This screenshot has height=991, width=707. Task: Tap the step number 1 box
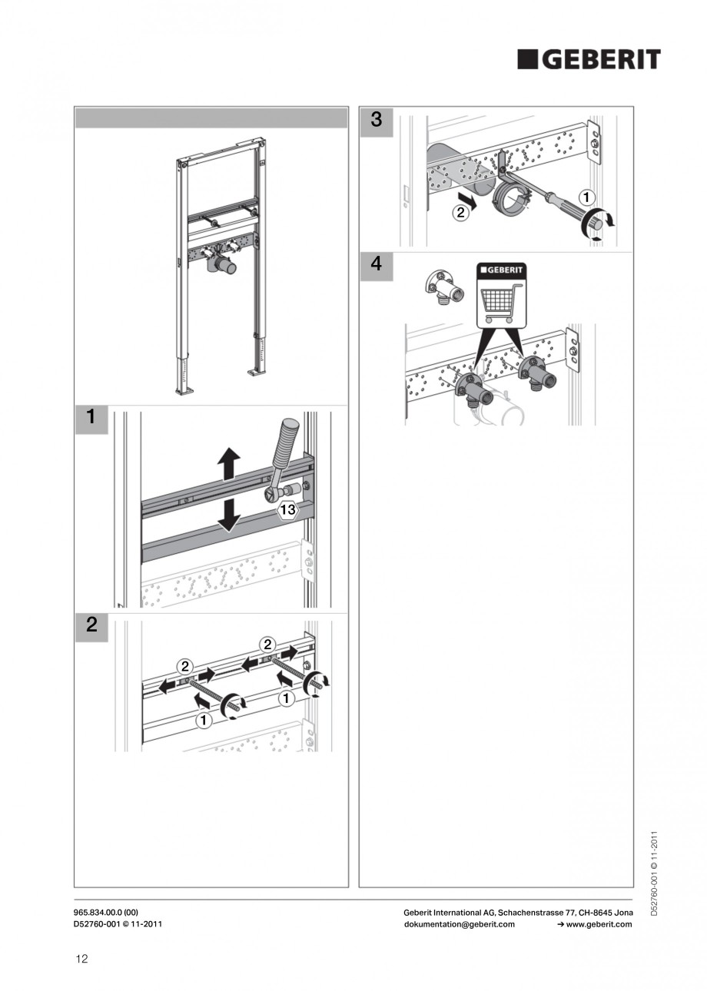point(91,419)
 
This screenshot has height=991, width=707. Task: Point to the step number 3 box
point(376,121)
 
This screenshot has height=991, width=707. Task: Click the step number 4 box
point(376,267)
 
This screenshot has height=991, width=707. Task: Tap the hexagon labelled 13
point(287,509)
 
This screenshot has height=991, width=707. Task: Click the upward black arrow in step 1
point(228,464)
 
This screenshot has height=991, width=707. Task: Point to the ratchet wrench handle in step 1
point(284,444)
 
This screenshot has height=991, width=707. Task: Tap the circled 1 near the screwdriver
point(586,197)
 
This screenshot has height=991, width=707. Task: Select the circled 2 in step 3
point(460,213)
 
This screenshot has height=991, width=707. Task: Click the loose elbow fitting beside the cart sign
point(437,287)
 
